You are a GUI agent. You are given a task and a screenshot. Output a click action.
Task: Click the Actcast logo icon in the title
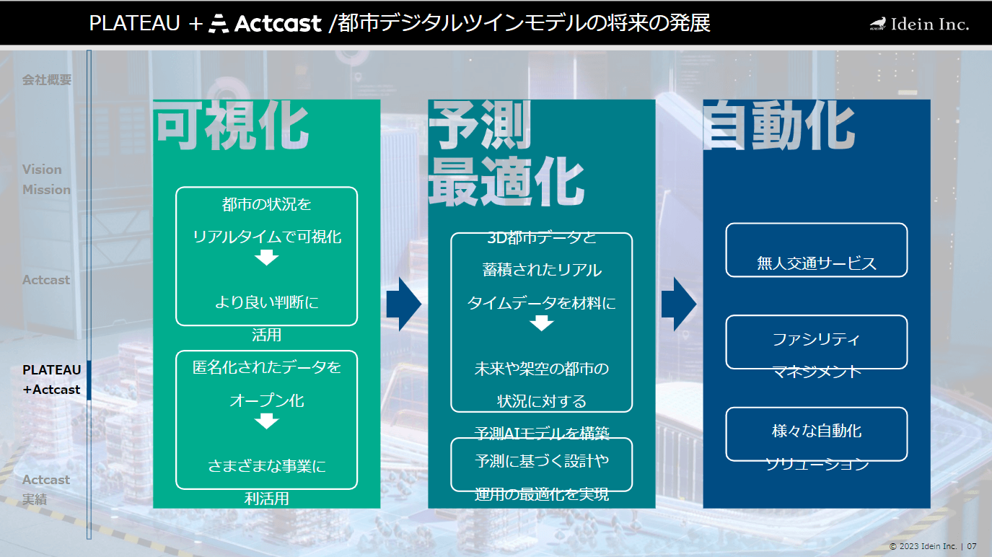pos(219,24)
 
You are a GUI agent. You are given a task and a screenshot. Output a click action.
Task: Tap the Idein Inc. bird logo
pos(878,24)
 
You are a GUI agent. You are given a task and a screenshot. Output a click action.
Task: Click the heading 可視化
pos(231,126)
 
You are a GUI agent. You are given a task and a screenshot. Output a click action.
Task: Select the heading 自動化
pos(779,126)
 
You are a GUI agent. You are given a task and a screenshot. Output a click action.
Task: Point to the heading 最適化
pos(506,182)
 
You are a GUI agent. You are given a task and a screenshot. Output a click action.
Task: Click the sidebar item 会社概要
pos(47,79)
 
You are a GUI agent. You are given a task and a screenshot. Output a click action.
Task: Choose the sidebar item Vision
pos(42,169)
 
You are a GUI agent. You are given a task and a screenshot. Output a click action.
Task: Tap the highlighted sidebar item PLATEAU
pos(52,369)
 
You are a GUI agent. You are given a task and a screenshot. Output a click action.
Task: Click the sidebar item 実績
pos(35,499)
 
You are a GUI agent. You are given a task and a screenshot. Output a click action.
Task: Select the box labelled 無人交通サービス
pos(816,250)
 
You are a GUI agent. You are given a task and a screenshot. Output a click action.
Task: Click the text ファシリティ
pos(816,340)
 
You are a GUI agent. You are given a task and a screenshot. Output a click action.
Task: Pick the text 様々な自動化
pos(817,431)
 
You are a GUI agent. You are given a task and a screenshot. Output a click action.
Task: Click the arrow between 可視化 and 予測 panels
pos(404,304)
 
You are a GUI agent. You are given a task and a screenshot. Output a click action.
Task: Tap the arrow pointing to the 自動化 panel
pos(679,304)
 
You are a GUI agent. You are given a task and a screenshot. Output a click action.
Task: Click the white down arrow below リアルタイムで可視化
pos(267,258)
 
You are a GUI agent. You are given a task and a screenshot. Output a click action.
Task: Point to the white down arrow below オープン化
pos(267,421)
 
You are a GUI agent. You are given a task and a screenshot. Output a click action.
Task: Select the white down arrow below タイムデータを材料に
pos(542,323)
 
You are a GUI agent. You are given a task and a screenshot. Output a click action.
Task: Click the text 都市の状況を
pos(267,204)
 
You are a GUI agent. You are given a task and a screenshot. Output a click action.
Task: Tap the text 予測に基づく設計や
pos(542,461)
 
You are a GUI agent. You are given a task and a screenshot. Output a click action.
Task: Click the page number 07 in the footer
pos(972,546)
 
